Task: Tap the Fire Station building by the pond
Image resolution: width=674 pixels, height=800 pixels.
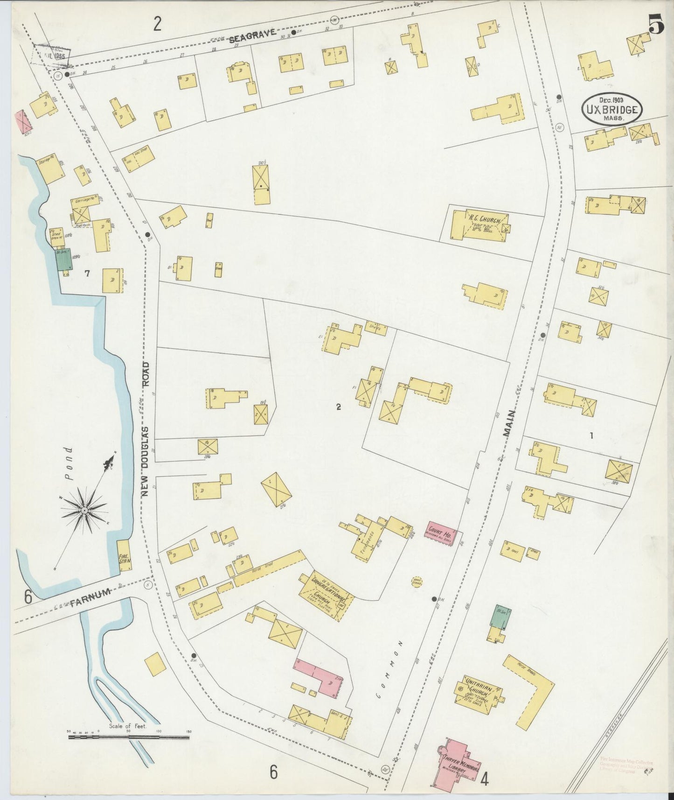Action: [124, 555]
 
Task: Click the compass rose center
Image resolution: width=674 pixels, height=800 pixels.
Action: [84, 511]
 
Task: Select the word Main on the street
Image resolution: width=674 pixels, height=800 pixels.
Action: [509, 422]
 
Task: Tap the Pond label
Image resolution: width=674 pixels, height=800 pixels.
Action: [69, 463]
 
